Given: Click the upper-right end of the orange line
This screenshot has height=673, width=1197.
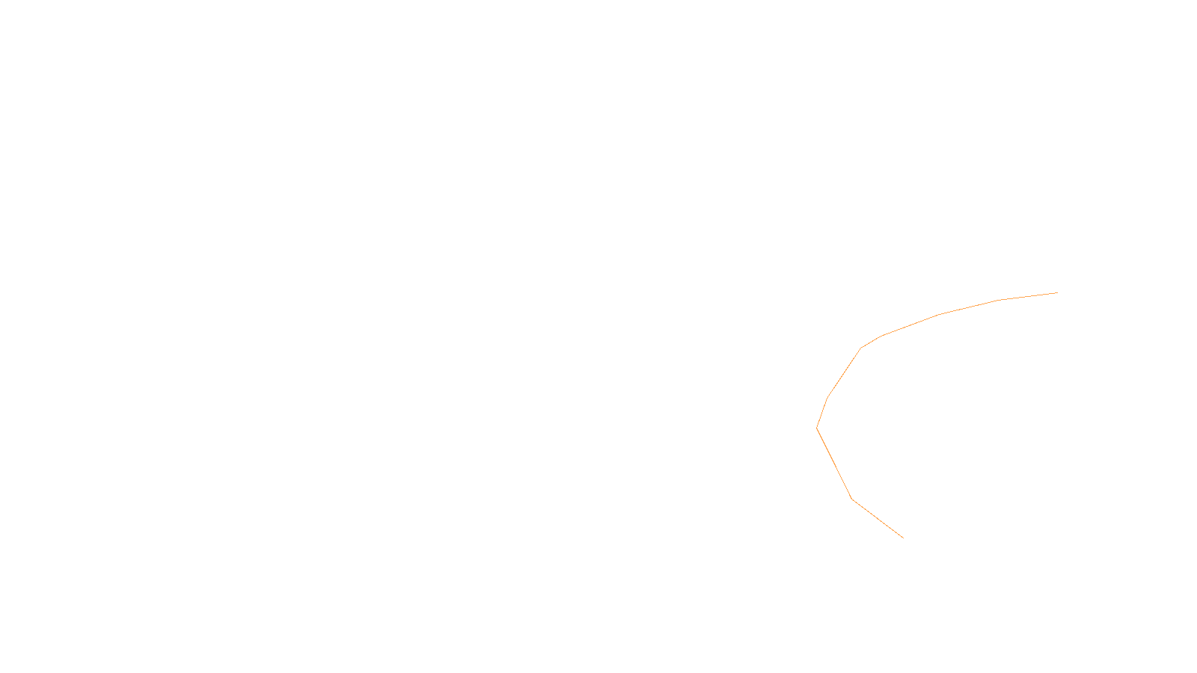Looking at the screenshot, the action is [x=1057, y=292].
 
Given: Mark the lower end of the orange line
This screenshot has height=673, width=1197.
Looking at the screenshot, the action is [x=903, y=538].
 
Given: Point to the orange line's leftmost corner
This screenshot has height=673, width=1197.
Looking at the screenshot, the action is [x=817, y=428].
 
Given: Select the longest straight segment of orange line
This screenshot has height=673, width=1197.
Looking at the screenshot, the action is [x=834, y=464].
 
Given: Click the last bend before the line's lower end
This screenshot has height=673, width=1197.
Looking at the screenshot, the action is [x=851, y=498].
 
